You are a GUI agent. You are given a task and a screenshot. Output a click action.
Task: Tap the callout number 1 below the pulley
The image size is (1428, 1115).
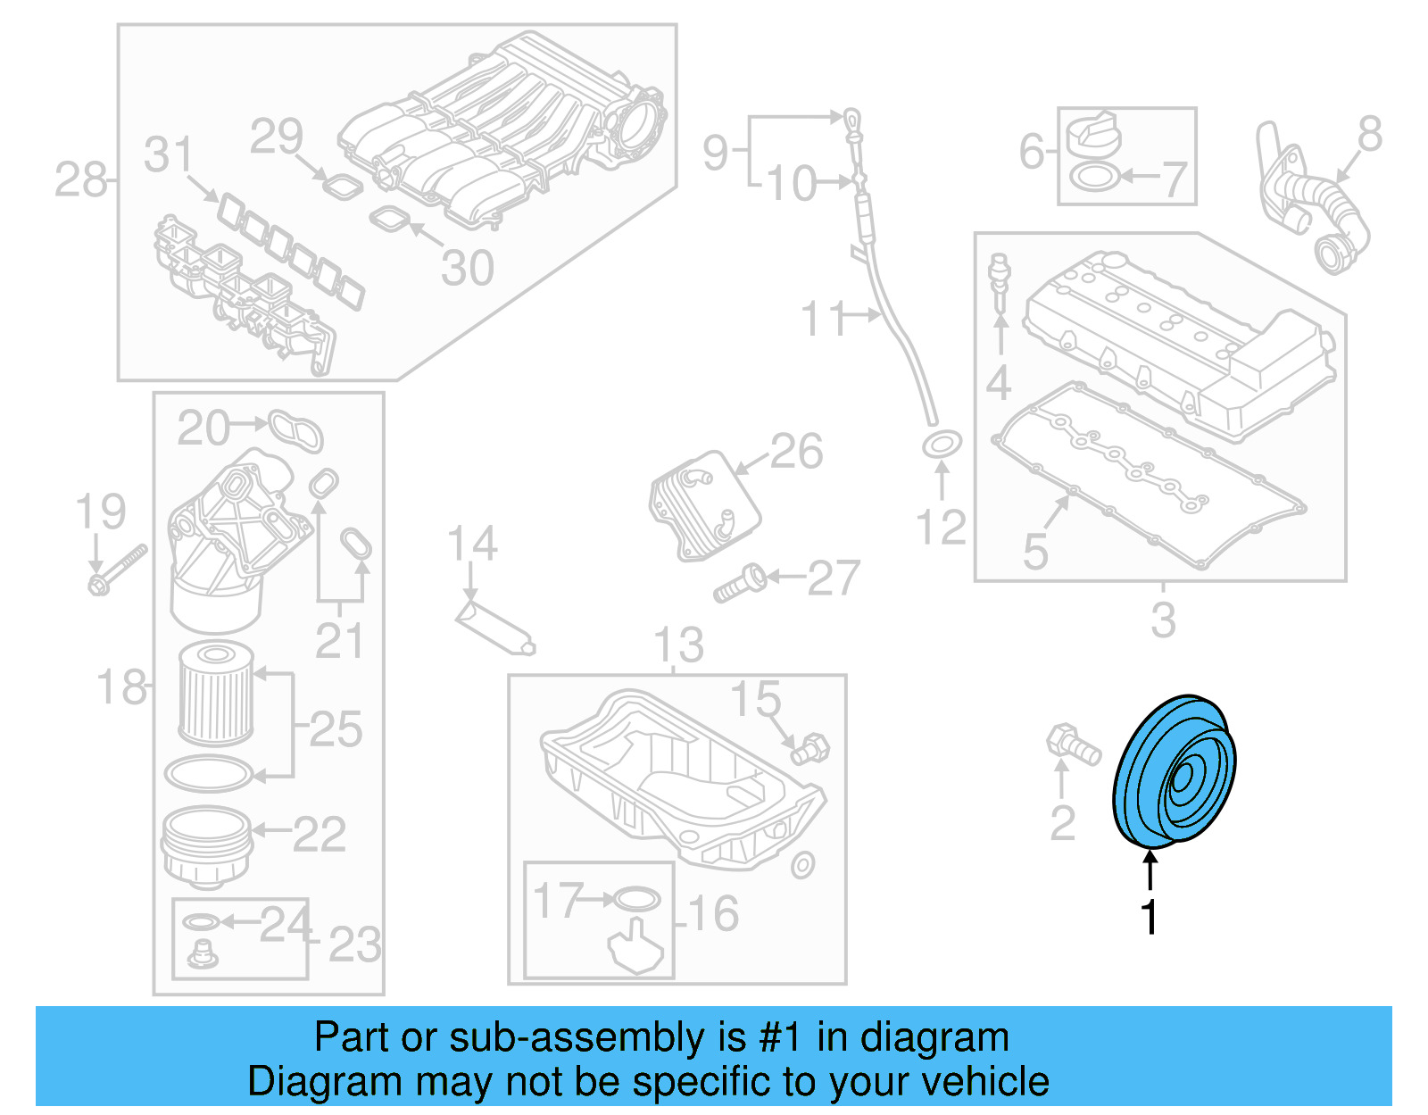pos(1150,917)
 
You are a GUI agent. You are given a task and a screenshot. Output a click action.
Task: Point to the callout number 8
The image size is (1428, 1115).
pos(1370,134)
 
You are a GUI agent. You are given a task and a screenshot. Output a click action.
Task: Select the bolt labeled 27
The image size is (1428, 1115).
pos(740,583)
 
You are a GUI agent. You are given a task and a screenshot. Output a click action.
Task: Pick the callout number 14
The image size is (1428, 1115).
pos(472,544)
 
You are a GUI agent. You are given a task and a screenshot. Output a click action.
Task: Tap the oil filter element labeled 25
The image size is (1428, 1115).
pos(216,695)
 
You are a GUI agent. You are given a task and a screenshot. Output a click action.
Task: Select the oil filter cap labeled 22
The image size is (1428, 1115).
pos(205,844)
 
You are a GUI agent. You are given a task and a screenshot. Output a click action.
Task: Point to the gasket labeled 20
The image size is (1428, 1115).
pos(296,430)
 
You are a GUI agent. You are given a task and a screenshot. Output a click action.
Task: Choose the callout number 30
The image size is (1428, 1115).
pos(468,268)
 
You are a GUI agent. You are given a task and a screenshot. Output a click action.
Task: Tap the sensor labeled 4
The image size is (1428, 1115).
pos(1000,281)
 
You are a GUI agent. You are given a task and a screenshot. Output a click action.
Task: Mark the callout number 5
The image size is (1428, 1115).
pos(1035,551)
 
